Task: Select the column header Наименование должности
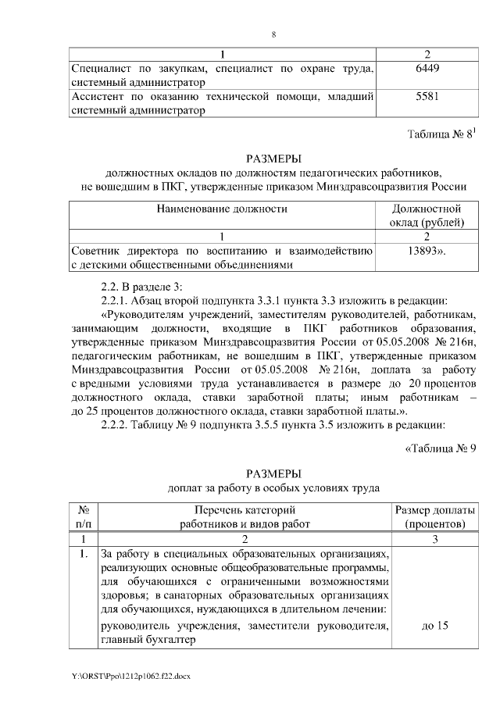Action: pos(222,209)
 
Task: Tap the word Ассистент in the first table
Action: pos(99,97)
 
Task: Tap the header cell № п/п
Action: pos(83,516)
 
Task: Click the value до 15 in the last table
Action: pos(433,627)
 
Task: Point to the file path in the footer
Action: pos(122,674)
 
